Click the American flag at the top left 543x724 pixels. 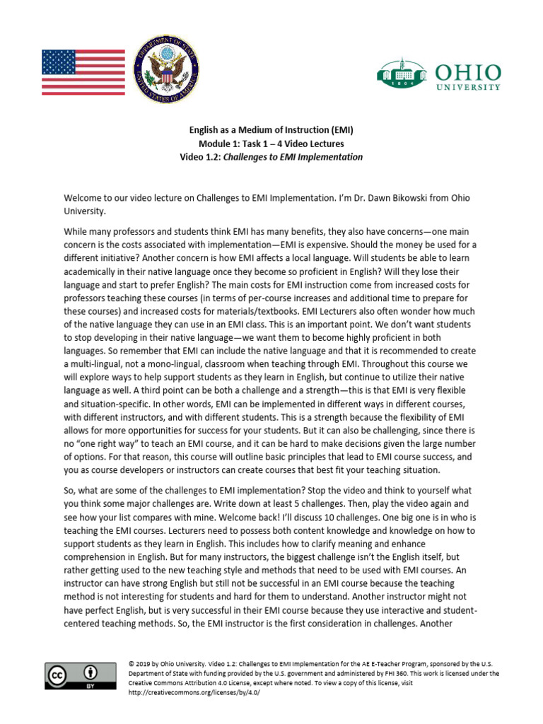[x=83, y=72]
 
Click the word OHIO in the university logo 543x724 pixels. [x=469, y=72]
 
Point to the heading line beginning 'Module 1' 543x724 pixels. [x=271, y=144]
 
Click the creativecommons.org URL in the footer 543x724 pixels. [x=194, y=692]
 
